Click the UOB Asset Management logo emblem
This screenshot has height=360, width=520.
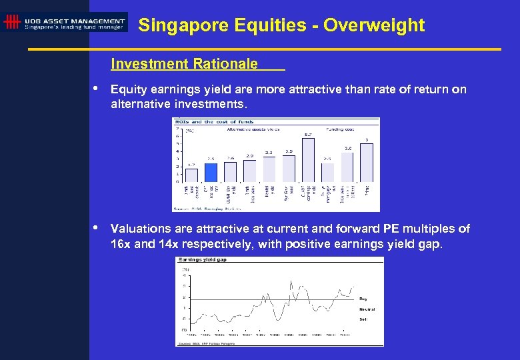pyautogui.click(x=11, y=22)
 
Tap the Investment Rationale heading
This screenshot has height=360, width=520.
pyautogui.click(x=185, y=64)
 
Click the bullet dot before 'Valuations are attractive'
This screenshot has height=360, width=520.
pyautogui.click(x=97, y=228)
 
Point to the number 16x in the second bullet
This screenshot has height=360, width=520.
pyautogui.click(x=121, y=244)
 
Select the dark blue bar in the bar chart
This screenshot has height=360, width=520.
pyautogui.click(x=211, y=172)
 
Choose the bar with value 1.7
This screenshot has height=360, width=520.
pyautogui.click(x=191, y=175)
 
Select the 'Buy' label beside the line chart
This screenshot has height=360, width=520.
pyautogui.click(x=363, y=299)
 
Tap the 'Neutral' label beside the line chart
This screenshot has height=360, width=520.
pyautogui.click(x=367, y=309)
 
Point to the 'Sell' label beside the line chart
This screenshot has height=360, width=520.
pyautogui.click(x=363, y=319)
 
